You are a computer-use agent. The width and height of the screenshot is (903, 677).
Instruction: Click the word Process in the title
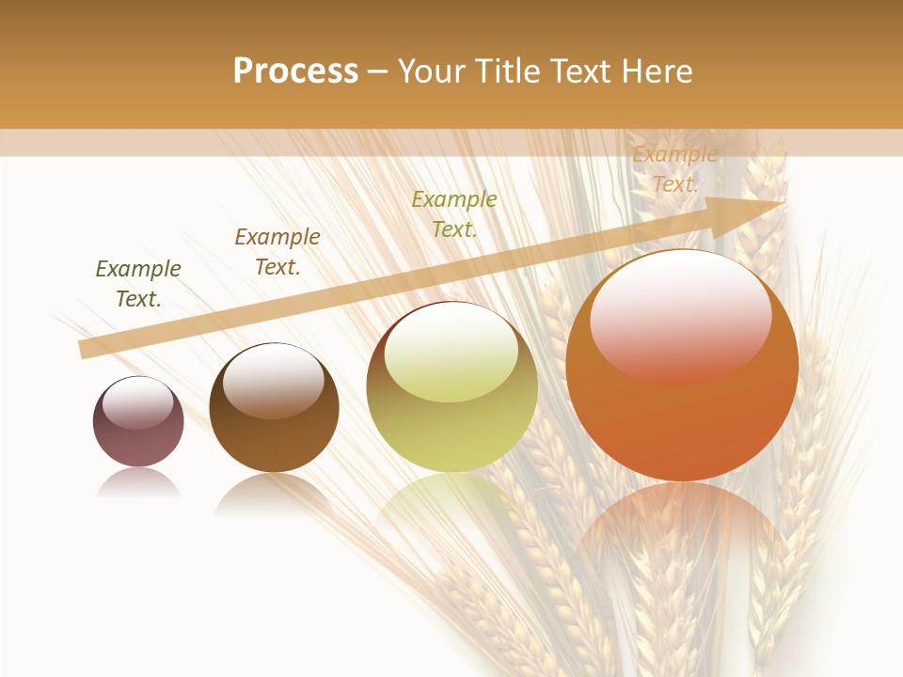pos(295,71)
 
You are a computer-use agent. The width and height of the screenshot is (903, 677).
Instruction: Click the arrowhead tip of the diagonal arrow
pos(784,203)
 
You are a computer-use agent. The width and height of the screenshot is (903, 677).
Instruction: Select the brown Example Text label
pos(277,252)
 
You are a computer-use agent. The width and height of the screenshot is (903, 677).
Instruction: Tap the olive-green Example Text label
pos(454,214)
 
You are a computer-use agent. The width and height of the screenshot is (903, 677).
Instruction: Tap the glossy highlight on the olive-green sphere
pos(451,354)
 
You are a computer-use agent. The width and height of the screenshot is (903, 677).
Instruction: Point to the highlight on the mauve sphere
pos(138,402)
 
